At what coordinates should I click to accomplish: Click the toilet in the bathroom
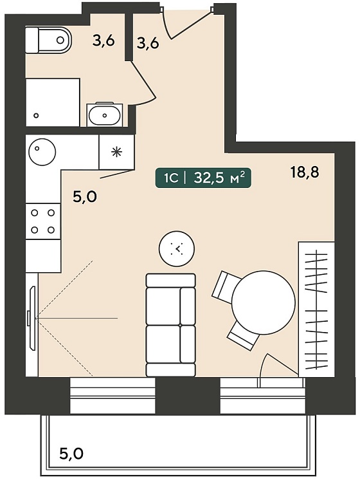pos(48,40)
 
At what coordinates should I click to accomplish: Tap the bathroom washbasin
pos(104,115)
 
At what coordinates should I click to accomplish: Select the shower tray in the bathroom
pos(53,102)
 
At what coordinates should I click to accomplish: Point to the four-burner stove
pos(43,221)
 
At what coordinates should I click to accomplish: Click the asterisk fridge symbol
pos(117,152)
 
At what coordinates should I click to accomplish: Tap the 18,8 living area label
pos(305,172)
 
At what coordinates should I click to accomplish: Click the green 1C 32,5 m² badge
pos(203,178)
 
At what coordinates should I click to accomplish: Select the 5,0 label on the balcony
pos(71,453)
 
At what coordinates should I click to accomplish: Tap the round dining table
pos(263,302)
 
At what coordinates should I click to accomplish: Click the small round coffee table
pos(177,249)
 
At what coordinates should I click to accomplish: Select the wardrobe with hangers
pos(317,309)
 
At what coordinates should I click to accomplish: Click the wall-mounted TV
pos(32,318)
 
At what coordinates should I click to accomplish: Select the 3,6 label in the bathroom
pos(104,41)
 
